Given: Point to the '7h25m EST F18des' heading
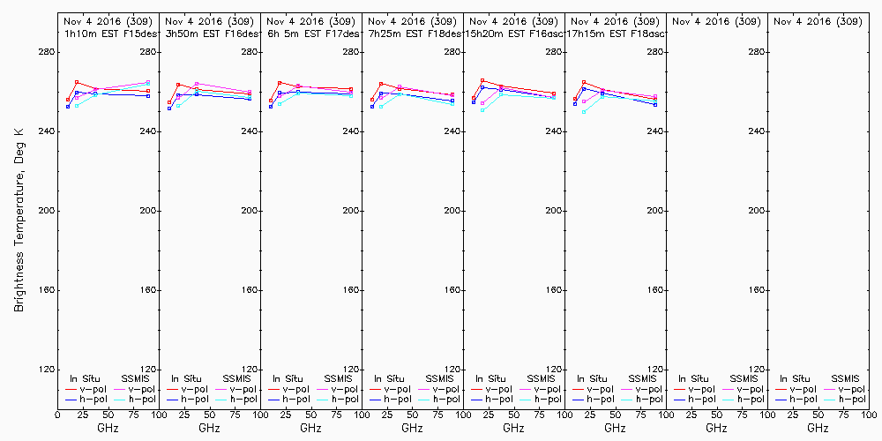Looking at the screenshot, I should (x=412, y=34).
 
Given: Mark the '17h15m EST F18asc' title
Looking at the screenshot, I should (x=615, y=34).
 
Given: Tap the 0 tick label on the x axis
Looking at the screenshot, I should (x=57, y=414).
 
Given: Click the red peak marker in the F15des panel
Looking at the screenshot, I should (x=77, y=82).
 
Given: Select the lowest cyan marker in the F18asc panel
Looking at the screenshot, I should (x=584, y=112).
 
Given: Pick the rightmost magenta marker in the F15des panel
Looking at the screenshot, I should (x=148, y=83).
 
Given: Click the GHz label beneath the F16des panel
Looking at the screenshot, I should (x=209, y=428).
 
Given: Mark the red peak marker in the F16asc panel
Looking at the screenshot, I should (x=482, y=81).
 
